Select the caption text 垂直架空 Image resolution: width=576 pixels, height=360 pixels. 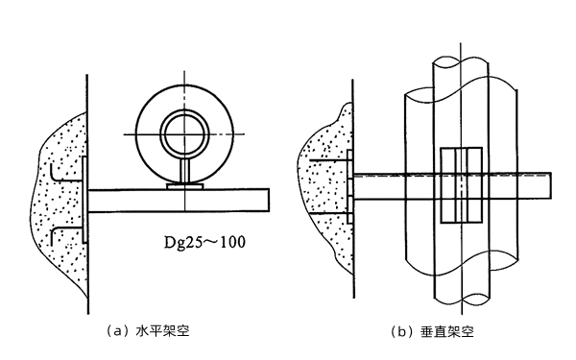click(x=446, y=332)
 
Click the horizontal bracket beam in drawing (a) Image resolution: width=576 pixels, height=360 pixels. click(x=178, y=200)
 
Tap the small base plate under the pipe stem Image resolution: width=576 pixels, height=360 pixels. click(x=184, y=187)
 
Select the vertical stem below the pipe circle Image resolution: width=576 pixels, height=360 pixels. click(x=184, y=173)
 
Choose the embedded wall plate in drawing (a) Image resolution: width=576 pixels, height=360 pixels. click(x=84, y=200)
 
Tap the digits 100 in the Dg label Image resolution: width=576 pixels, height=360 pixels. click(x=231, y=243)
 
